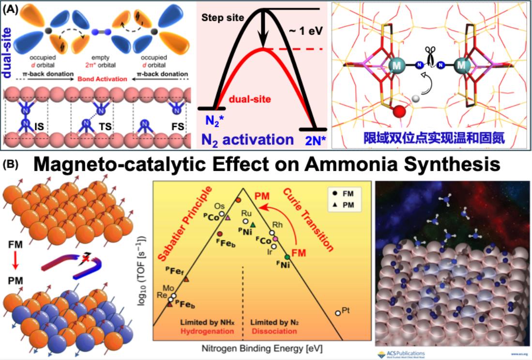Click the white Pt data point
[x=337, y=313]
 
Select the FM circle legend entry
[x=337, y=193]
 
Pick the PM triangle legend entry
[x=337, y=204]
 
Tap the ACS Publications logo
[x=400, y=353]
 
